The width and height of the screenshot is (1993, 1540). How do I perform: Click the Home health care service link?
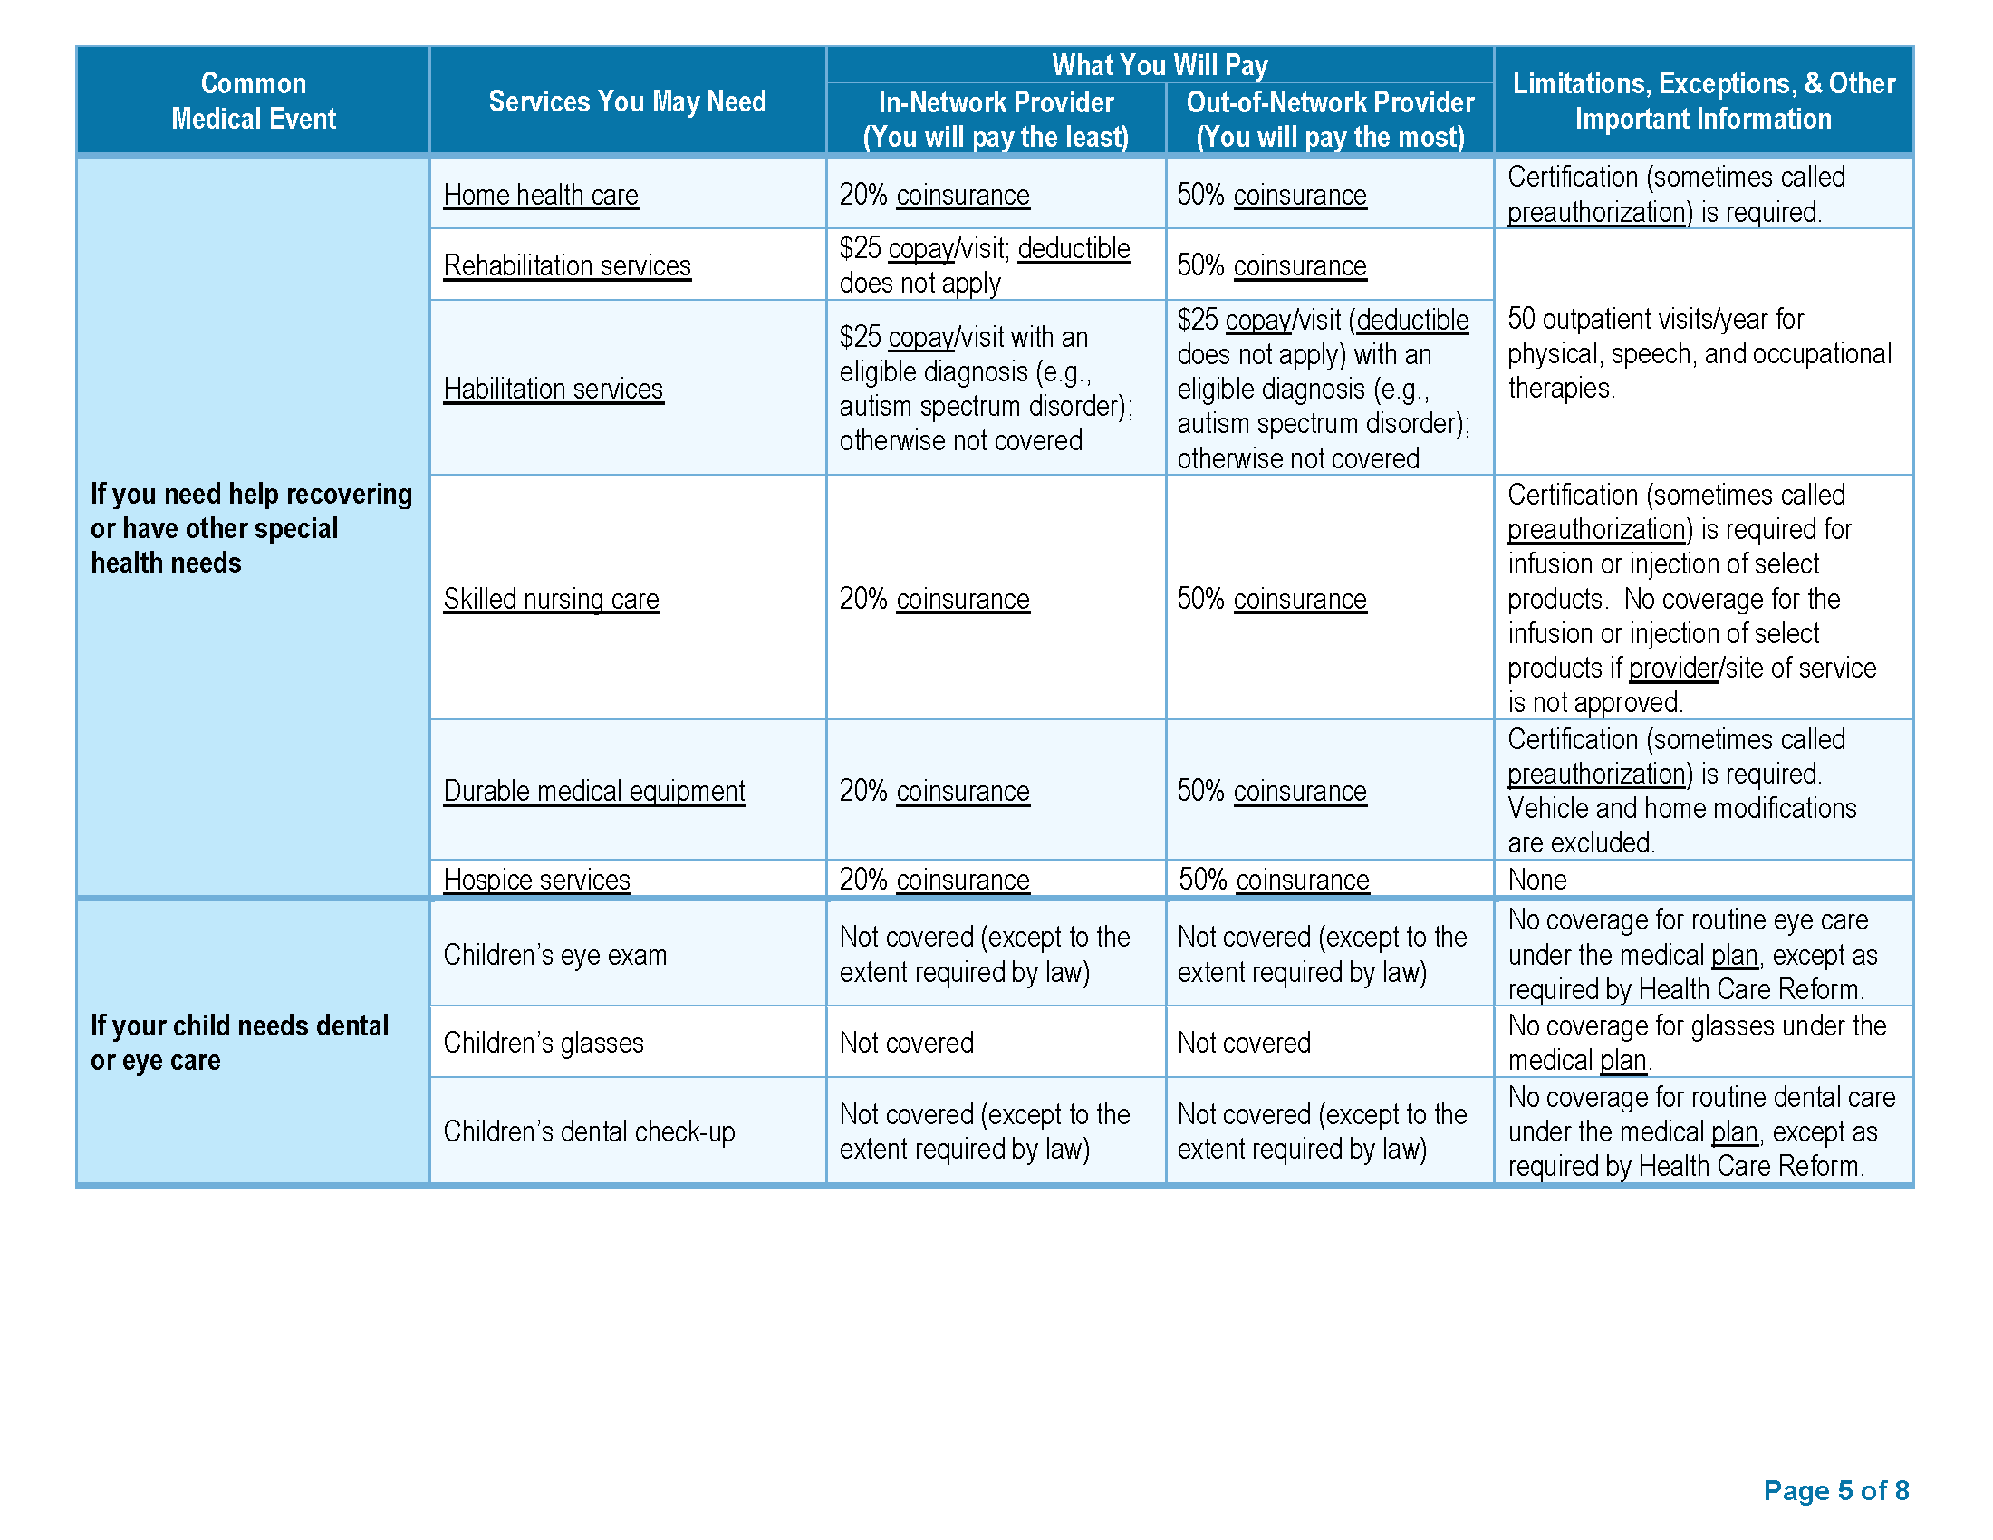(540, 196)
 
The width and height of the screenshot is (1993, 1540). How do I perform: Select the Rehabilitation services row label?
(567, 265)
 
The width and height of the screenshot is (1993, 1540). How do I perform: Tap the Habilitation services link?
(553, 389)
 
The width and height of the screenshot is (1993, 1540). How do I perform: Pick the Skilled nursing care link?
(551, 599)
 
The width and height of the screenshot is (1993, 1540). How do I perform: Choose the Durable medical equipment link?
(594, 791)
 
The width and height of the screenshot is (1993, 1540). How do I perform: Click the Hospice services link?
(536, 880)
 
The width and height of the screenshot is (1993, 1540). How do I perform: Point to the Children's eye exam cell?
(554, 954)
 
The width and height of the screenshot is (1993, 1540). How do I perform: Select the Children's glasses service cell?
(544, 1043)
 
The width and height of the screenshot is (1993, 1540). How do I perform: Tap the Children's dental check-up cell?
(589, 1131)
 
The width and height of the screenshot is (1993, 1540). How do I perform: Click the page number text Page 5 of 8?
(1836, 1490)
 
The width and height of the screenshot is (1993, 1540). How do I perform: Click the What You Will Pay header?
(1159, 65)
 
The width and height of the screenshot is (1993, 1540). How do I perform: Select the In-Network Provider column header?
(996, 120)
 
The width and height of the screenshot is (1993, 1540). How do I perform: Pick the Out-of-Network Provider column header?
(1330, 120)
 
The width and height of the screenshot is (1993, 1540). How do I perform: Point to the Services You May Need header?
(627, 101)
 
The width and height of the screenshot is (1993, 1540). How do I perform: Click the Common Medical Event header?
(254, 101)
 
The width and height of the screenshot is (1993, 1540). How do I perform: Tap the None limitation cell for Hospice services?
(1536, 880)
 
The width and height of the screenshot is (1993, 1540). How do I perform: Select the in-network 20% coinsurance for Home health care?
(935, 196)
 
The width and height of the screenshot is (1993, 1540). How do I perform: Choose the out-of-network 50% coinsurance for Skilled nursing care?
(1271, 599)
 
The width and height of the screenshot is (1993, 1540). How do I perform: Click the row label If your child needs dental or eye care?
(239, 1043)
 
